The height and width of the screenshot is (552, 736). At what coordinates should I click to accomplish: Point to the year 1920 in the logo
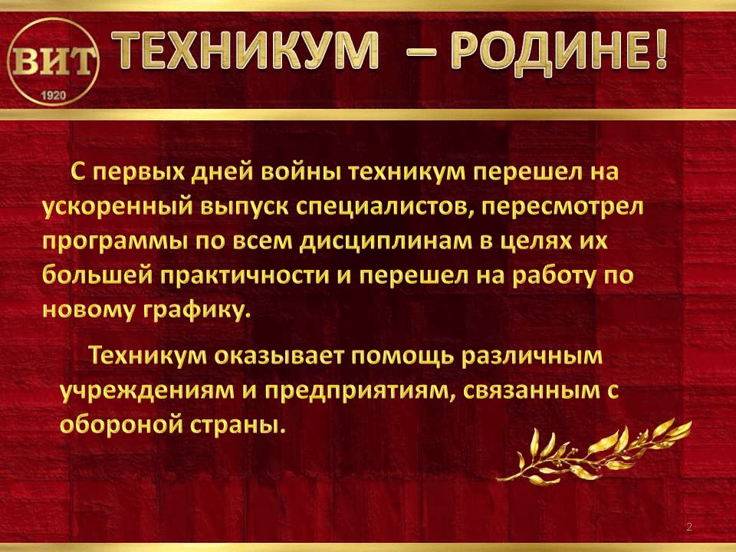(54, 95)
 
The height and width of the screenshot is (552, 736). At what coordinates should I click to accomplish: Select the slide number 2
(689, 527)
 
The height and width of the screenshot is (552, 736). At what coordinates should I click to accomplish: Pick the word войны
(302, 172)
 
